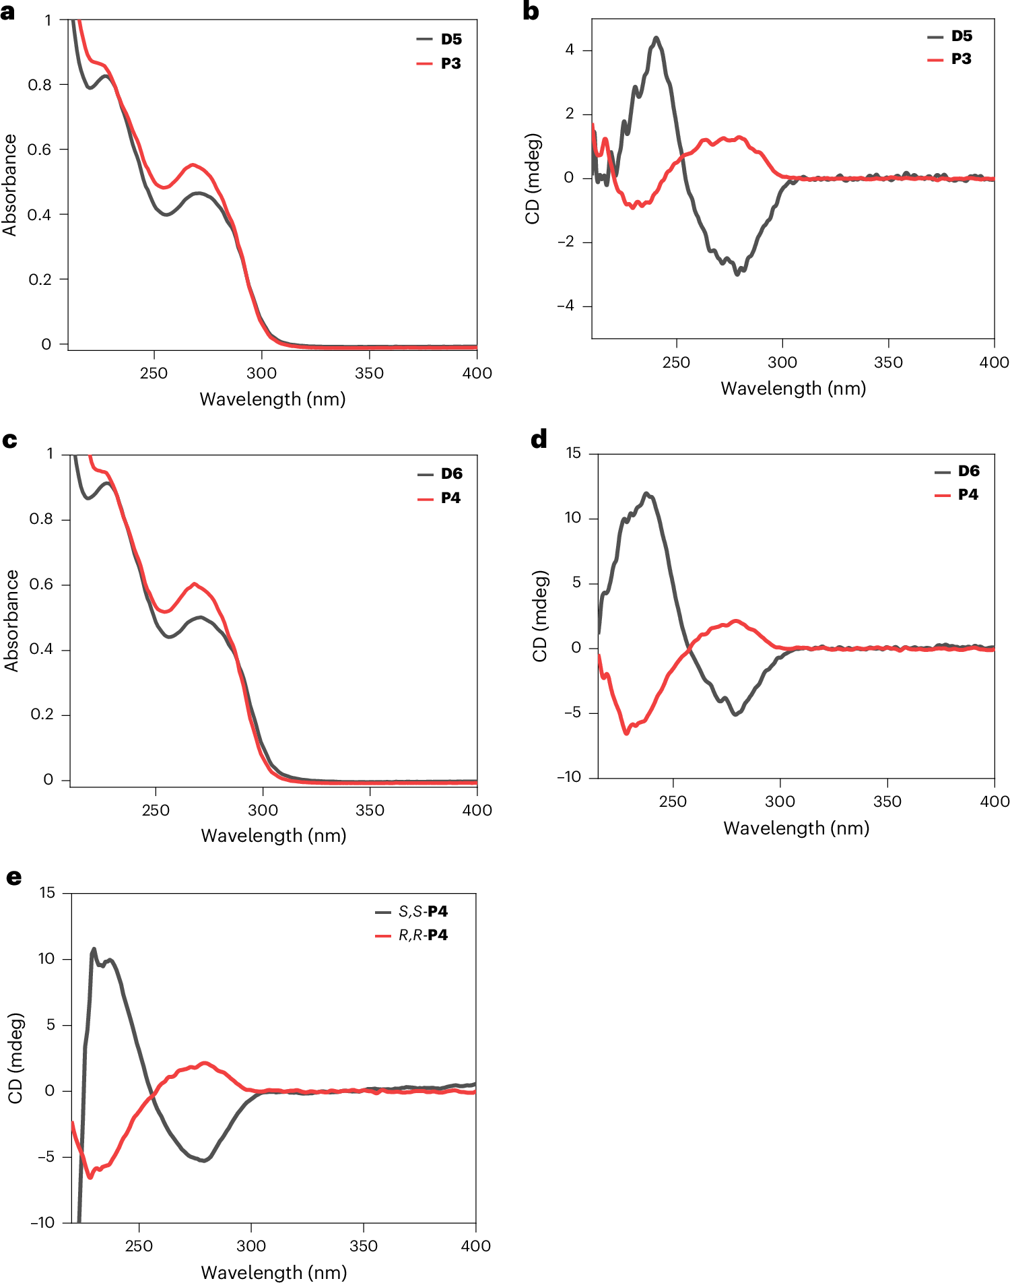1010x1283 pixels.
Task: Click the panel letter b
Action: click(x=531, y=12)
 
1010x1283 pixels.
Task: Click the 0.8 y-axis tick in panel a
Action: click(x=39, y=85)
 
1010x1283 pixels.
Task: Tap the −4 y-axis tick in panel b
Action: click(x=565, y=306)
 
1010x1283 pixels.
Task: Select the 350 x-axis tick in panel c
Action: click(x=370, y=810)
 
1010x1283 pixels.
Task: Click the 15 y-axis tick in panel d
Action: click(x=573, y=453)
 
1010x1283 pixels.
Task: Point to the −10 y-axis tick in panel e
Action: click(x=42, y=1222)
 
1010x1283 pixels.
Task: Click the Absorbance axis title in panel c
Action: click(x=11, y=620)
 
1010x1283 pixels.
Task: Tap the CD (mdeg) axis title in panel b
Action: click(x=533, y=178)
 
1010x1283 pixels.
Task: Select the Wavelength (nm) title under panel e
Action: click(x=274, y=1272)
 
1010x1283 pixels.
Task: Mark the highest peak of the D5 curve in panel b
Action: click(x=656, y=38)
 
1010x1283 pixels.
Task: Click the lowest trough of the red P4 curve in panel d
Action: click(x=627, y=733)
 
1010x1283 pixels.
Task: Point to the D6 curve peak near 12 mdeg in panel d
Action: click(x=646, y=494)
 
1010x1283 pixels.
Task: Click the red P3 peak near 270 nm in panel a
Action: click(x=193, y=164)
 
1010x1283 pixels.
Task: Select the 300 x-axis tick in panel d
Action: click(x=780, y=801)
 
